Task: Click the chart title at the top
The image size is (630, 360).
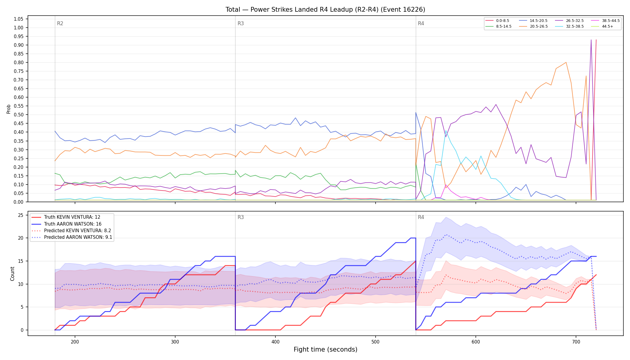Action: point(325,10)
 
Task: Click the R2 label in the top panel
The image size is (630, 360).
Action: point(60,23)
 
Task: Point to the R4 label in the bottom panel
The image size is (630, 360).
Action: point(421,217)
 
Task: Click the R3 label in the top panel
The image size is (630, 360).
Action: point(241,23)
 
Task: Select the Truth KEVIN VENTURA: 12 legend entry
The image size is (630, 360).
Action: point(66,217)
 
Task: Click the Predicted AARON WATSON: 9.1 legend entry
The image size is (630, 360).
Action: point(72,237)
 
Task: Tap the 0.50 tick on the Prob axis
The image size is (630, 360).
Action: point(18,115)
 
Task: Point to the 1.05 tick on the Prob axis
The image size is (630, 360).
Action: point(18,19)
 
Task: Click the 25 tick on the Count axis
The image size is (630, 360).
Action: point(21,215)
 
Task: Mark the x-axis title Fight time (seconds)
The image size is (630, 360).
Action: point(325,349)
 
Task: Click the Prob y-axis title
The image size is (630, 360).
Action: point(8,109)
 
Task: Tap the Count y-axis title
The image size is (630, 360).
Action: point(12,274)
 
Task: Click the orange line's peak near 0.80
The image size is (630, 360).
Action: point(566,62)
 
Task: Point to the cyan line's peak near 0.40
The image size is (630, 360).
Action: point(446,131)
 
